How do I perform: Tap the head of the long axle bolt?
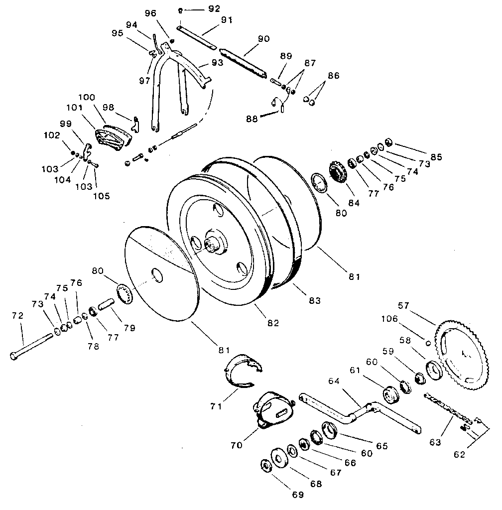pos(14,356)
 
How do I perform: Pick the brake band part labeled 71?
pos(243,371)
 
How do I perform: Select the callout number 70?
pos(237,444)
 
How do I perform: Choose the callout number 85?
pos(436,157)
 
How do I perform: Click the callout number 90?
pos(263,39)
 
